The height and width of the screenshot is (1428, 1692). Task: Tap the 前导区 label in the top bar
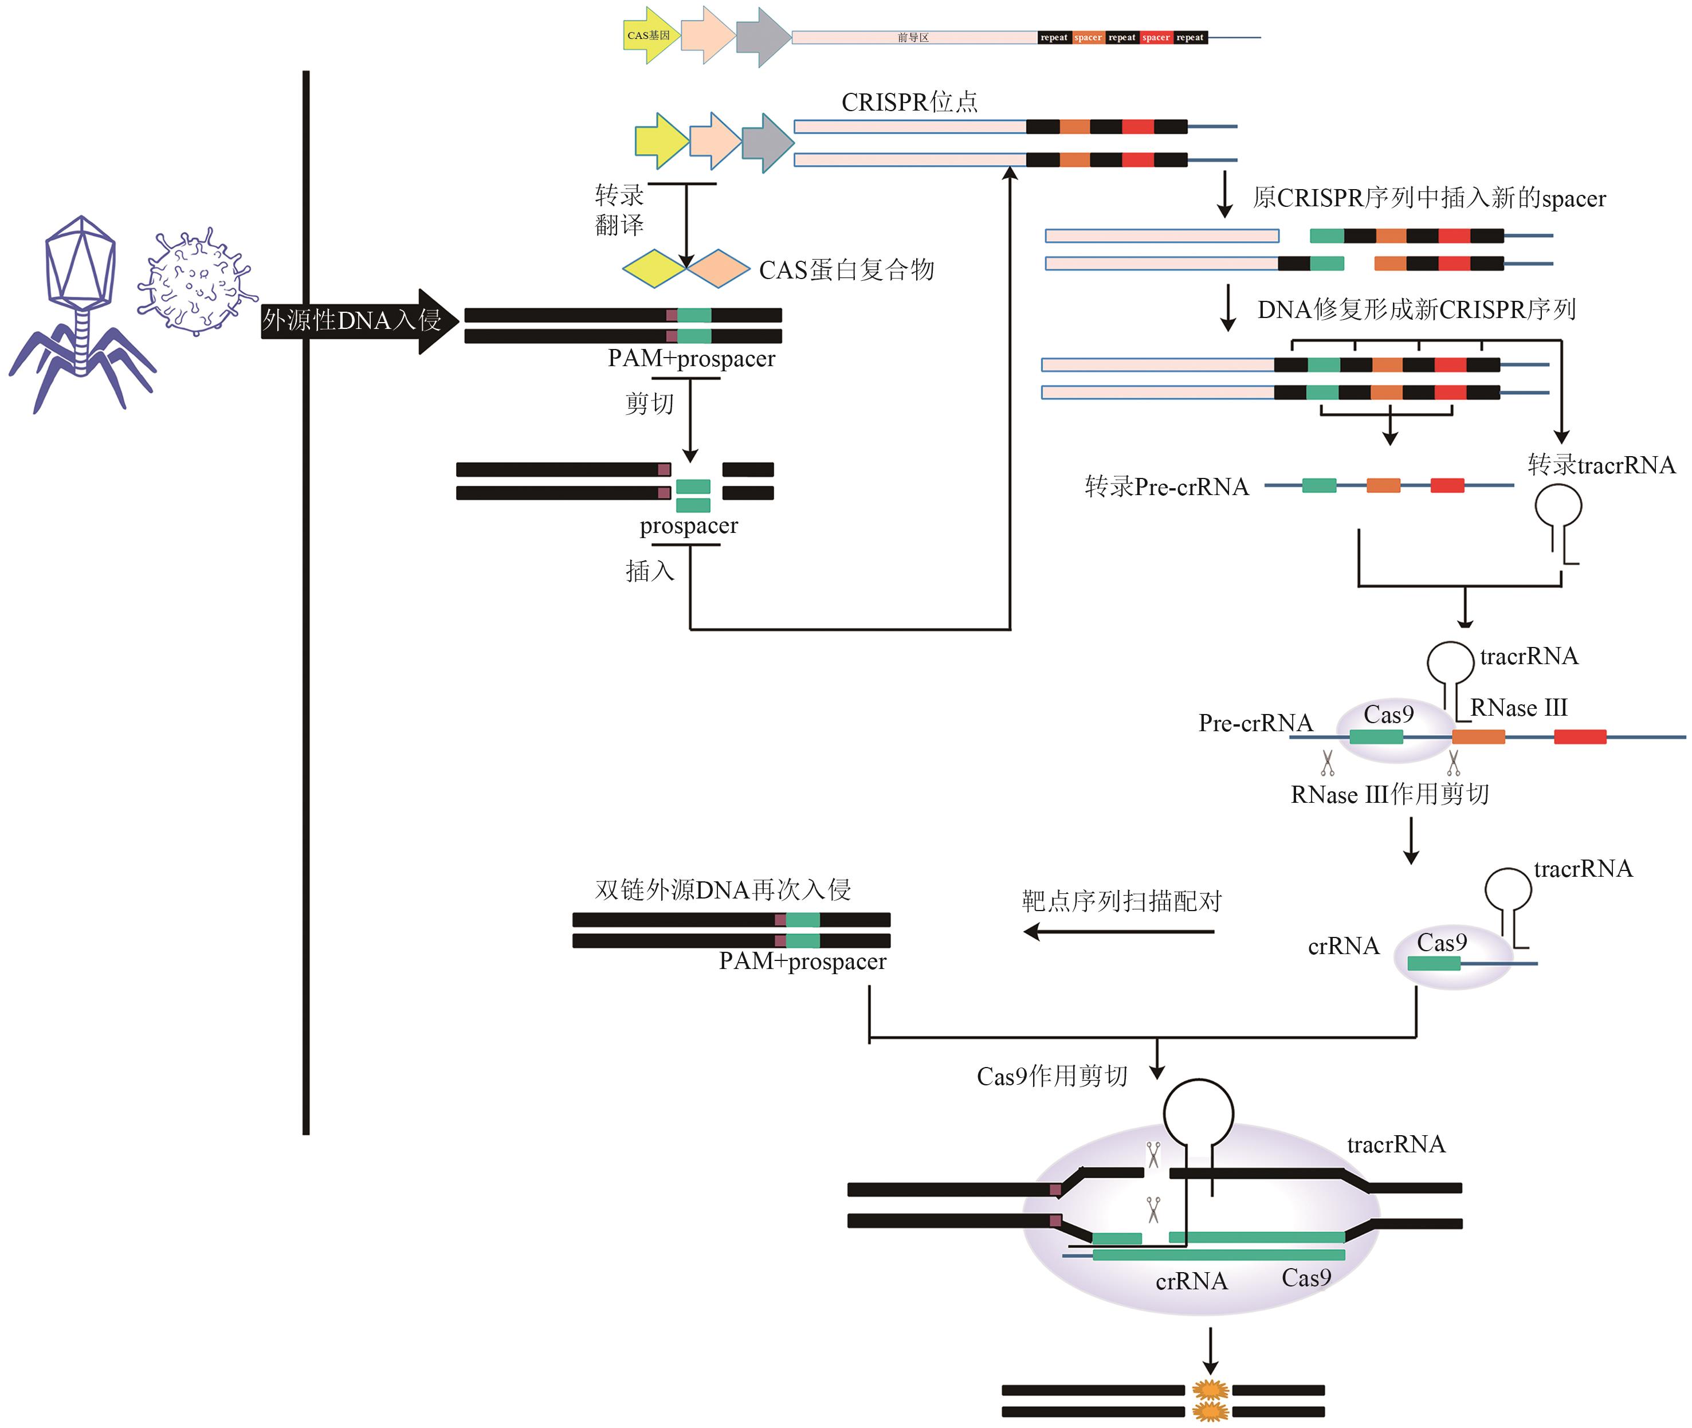pos(912,38)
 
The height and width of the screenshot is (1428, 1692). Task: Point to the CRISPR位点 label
pos(909,103)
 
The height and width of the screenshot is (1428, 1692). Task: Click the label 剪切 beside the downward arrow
pos(649,403)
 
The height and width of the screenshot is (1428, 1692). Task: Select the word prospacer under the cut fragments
pos(689,526)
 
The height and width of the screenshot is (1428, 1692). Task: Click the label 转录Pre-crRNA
pos(1167,487)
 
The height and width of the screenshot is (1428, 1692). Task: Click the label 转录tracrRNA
pos(1600,465)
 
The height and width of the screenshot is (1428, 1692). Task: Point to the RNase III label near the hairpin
pos(1519,708)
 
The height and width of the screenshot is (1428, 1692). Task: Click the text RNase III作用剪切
pos(1389,794)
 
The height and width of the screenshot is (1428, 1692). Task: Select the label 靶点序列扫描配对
pos(1121,901)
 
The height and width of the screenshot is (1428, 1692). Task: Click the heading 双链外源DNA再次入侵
pos(723,890)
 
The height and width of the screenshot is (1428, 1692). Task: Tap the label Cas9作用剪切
pos(1051,1076)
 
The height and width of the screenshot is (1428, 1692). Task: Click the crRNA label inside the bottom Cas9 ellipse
pos(1191,1281)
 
